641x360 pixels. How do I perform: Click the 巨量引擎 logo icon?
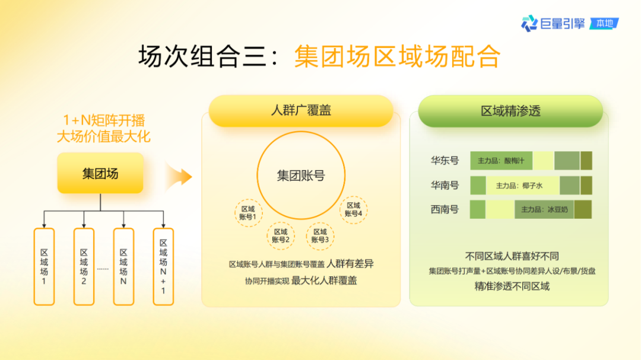point(529,24)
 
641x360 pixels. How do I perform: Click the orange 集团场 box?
point(100,173)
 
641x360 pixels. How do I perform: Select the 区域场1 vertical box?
point(44,266)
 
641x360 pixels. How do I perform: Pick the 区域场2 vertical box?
point(84,266)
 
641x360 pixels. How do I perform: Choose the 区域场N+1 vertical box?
point(163,266)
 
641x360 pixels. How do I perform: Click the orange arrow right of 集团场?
point(179,176)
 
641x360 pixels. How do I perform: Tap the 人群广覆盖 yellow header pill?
point(301,111)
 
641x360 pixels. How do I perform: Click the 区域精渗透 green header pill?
point(510,111)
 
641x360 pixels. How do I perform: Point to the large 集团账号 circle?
point(301,176)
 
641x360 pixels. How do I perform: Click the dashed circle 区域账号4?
point(353,209)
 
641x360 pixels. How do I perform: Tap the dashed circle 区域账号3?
point(320,235)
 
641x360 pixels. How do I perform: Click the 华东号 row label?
point(445,161)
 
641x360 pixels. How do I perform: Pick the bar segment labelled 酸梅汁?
point(501,161)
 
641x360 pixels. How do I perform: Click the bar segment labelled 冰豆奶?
point(544,209)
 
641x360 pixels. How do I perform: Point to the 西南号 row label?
point(445,209)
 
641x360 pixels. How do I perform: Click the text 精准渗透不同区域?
point(512,286)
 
